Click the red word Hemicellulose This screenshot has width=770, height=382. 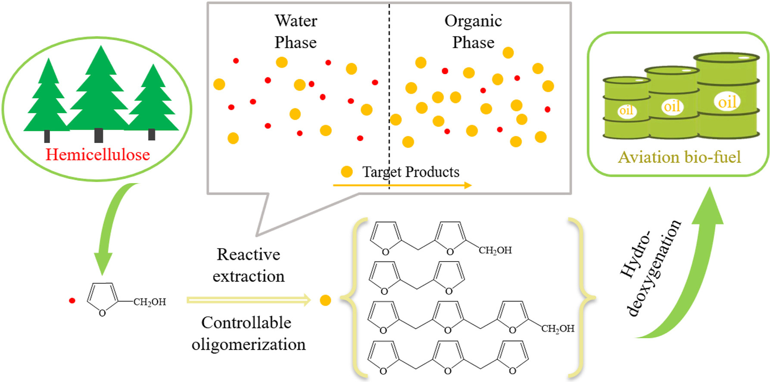coord(98,154)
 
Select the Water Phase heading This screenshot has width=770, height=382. coord(296,31)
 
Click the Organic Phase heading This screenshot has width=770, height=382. coord(473,31)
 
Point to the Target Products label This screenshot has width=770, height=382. coord(411,172)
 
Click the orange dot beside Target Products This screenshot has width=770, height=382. coord(346,172)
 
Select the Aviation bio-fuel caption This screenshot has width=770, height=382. coord(680,157)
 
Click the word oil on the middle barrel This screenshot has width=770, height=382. coord(672,106)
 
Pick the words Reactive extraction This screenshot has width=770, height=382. coord(249,265)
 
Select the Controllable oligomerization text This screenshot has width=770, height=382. coord(248,333)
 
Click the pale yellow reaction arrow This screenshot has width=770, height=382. coord(249,300)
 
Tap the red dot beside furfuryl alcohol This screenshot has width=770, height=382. coord(72,301)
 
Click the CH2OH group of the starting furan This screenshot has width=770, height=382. coord(150,302)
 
